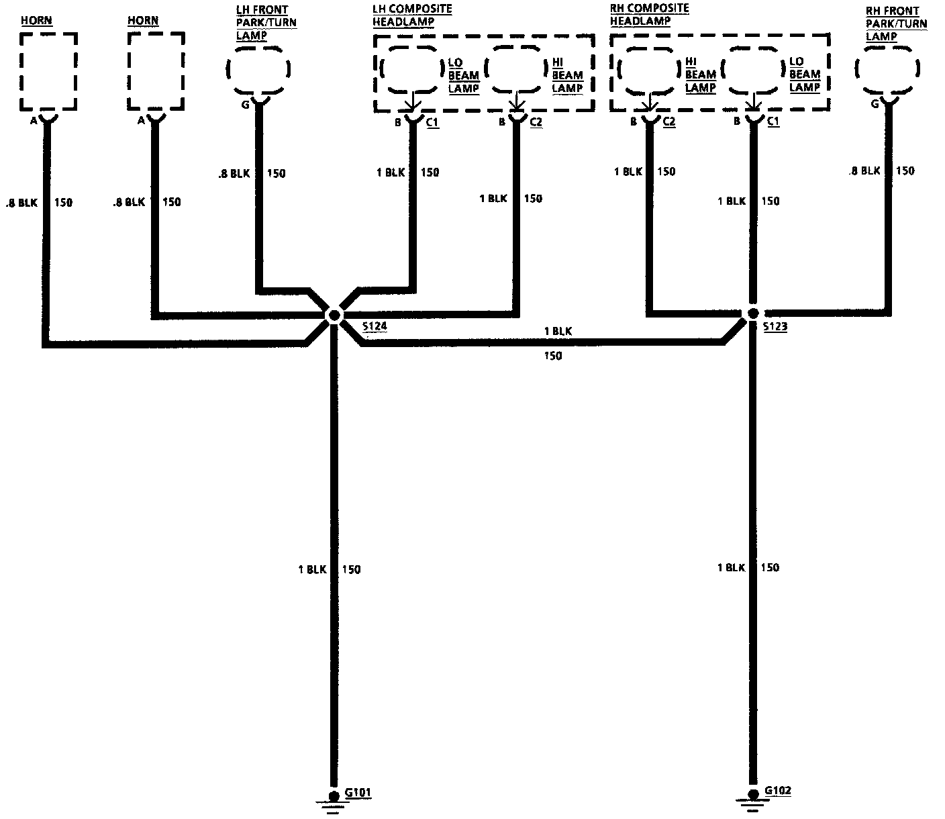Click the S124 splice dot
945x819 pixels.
(334, 315)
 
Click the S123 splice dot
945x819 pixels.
(753, 314)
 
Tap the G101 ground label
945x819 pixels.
(357, 792)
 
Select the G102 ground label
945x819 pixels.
(778, 790)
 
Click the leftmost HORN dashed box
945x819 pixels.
(48, 71)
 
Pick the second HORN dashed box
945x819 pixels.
(155, 71)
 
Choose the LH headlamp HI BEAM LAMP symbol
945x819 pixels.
(515, 68)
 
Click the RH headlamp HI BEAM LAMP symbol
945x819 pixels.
(648, 70)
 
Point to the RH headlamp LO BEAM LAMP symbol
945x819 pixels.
(753, 70)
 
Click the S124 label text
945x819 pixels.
(375, 327)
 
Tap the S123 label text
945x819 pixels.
(775, 328)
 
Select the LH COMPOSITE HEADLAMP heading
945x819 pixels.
(411, 15)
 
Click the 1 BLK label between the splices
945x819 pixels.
(558, 331)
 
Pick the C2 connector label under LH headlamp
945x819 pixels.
(536, 122)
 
